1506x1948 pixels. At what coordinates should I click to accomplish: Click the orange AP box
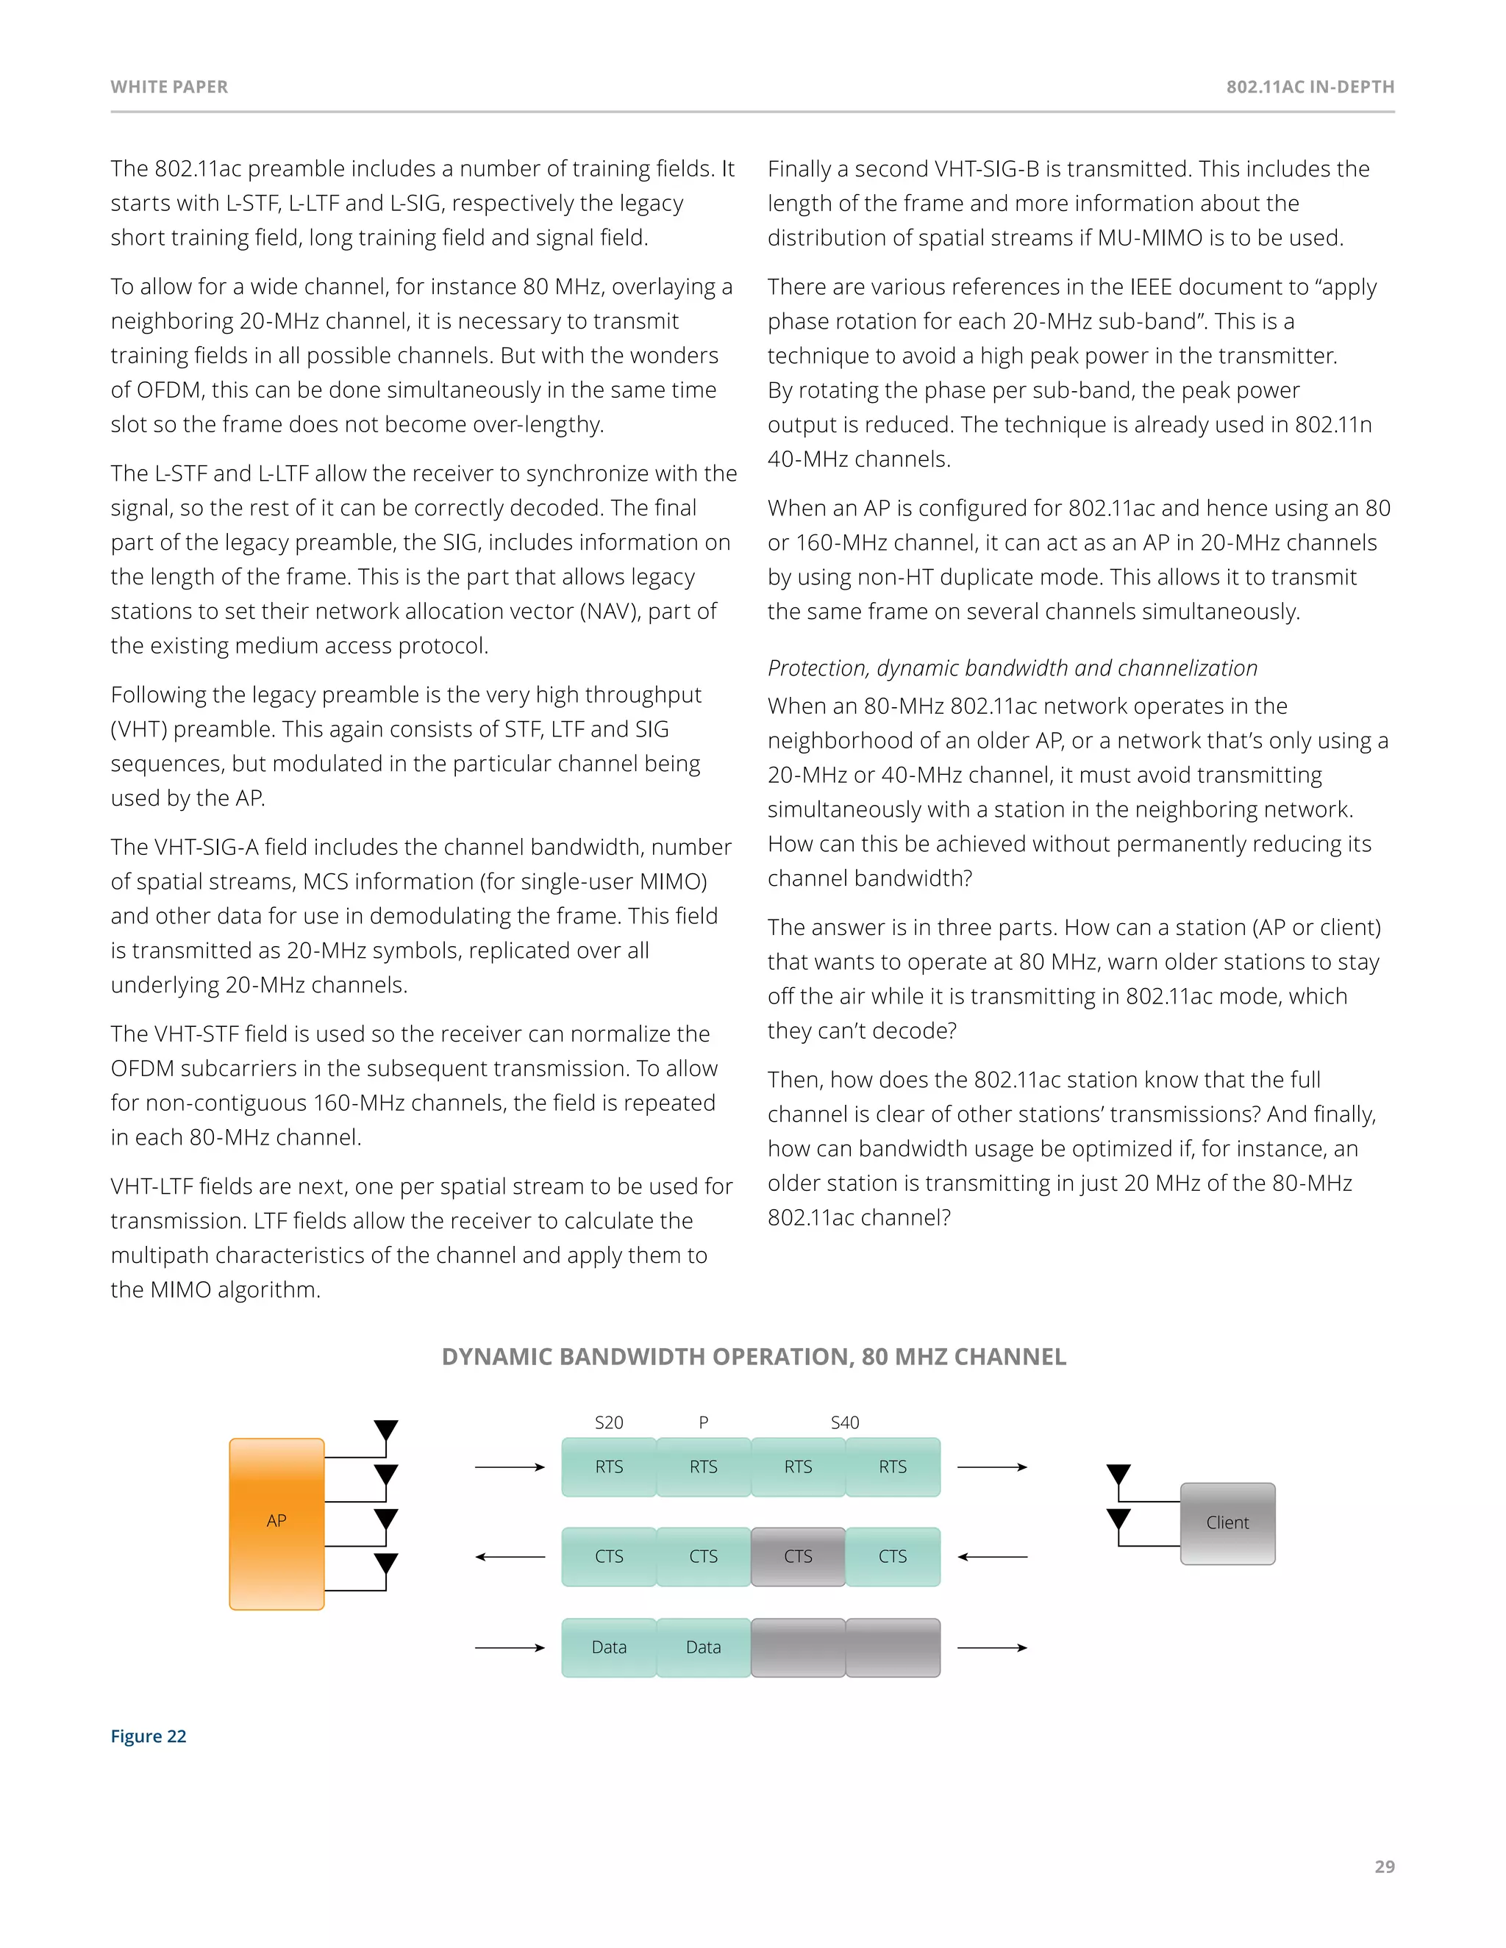(x=276, y=1522)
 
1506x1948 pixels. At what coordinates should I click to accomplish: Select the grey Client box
(x=1227, y=1522)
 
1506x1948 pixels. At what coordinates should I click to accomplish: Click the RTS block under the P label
(x=703, y=1467)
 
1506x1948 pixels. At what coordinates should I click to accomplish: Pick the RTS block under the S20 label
(x=610, y=1467)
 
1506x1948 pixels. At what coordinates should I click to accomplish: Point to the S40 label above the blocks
(x=844, y=1422)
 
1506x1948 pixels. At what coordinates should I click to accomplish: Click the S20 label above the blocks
(x=610, y=1422)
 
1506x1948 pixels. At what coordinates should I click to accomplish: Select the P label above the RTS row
(x=703, y=1422)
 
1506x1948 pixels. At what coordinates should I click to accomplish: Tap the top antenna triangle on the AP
(x=385, y=1430)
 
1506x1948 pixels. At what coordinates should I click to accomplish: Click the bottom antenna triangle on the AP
(x=385, y=1564)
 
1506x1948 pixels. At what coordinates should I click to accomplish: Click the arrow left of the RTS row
(x=510, y=1467)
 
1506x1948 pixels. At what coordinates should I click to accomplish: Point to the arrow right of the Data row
(x=992, y=1647)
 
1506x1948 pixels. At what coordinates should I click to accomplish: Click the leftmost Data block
(x=610, y=1647)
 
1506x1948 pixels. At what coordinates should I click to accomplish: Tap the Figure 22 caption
(x=148, y=1736)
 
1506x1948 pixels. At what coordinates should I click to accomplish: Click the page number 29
(x=1384, y=1867)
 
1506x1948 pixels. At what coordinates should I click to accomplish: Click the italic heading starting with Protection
(x=1012, y=668)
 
